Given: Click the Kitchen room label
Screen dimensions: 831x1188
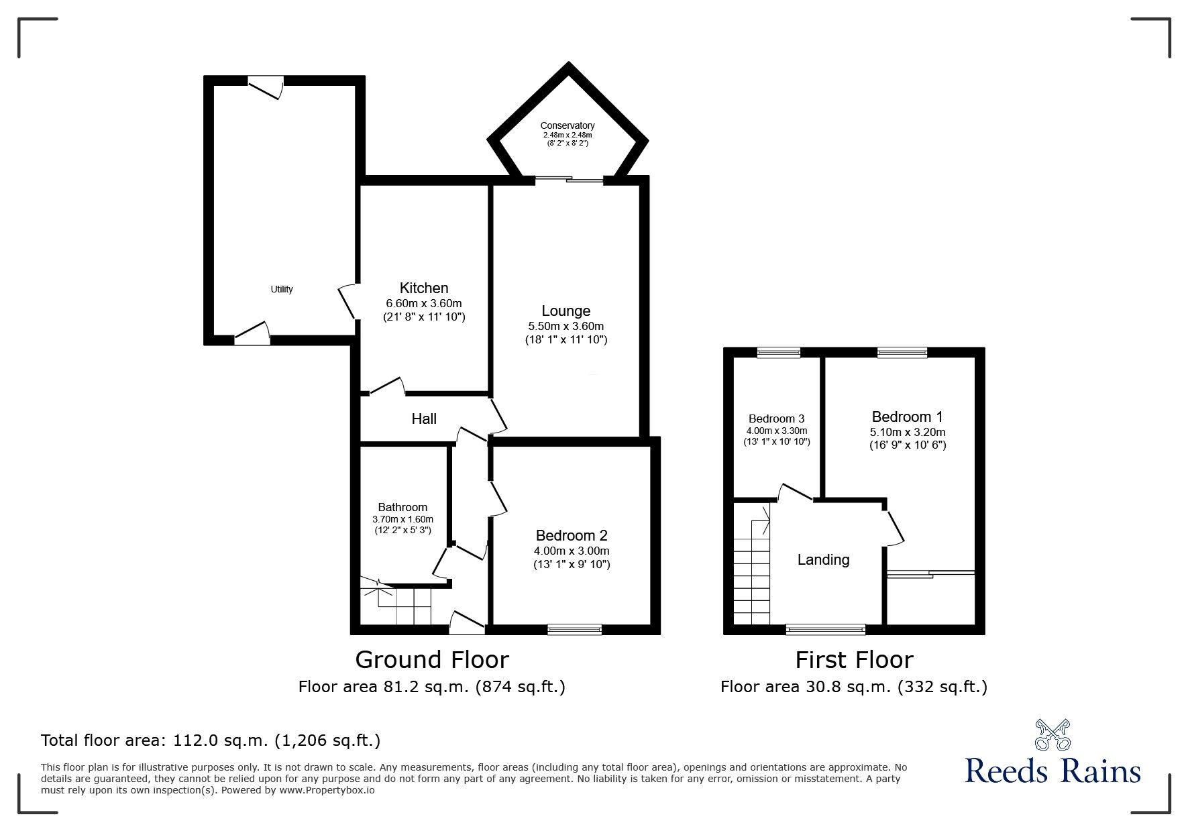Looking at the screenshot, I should click(x=424, y=288).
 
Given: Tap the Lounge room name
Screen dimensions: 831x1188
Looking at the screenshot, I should click(x=566, y=311).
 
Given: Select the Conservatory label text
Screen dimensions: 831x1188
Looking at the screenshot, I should click(x=568, y=125).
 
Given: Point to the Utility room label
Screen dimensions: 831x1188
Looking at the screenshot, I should click(x=282, y=289).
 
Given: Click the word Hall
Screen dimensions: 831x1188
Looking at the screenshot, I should click(x=424, y=419).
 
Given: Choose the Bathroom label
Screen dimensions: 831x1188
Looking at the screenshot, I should click(x=402, y=507).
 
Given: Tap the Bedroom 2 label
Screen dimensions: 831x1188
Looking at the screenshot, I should click(x=572, y=536).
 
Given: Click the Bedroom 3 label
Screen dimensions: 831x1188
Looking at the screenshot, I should click(x=776, y=419).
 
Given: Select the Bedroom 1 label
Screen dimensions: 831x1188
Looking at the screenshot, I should click(x=908, y=417).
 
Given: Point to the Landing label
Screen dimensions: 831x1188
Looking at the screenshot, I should click(x=823, y=559).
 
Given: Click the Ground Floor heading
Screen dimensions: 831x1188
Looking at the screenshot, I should click(x=432, y=660).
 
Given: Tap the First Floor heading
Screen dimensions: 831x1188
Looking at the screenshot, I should click(x=854, y=660).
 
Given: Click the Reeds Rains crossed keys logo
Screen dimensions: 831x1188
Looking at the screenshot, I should click(x=1053, y=735).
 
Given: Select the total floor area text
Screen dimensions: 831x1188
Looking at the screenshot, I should click(x=211, y=740).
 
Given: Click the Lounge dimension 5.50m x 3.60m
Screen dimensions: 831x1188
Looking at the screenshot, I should click(x=566, y=326).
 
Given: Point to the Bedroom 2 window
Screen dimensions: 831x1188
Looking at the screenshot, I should click(x=575, y=628).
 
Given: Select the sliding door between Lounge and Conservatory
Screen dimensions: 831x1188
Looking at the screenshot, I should click(x=568, y=180).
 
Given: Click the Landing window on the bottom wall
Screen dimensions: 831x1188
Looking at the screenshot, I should click(x=826, y=629).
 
